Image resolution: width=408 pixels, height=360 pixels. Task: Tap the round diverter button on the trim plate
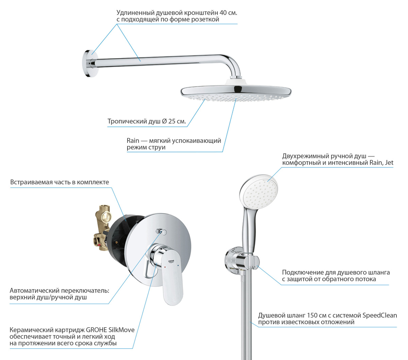(164, 232)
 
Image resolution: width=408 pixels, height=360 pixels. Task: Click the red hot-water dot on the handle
(165, 267)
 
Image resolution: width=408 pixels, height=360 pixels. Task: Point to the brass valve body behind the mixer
(102, 228)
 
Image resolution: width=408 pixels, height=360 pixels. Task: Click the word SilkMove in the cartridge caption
(121, 330)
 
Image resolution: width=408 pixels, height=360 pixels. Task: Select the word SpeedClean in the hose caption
(379, 315)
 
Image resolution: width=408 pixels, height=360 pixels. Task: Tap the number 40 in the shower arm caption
(223, 13)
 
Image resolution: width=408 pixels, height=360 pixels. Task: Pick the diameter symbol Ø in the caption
(164, 121)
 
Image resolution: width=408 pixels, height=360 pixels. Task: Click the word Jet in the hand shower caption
(389, 162)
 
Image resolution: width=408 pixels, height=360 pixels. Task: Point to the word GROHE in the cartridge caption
(96, 330)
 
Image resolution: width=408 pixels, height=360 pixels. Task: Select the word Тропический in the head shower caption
(127, 121)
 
